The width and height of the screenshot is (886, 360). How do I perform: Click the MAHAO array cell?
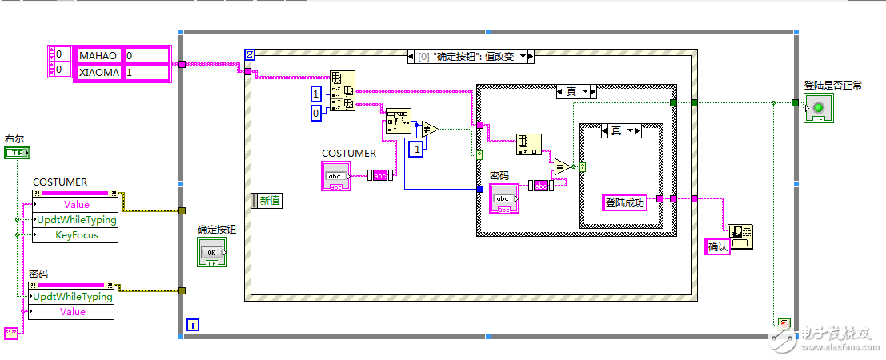coord(98,55)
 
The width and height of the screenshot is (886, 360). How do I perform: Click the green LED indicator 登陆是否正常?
coord(818,109)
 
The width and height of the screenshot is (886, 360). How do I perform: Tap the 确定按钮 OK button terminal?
coord(212,253)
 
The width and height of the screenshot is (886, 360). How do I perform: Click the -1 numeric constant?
coord(415,150)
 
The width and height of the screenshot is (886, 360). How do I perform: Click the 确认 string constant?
coord(718,247)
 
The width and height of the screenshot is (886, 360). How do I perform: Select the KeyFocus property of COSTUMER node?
coord(75,235)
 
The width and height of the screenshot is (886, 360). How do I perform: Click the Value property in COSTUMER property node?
coord(75,205)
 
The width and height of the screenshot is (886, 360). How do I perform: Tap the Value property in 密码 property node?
coord(72,311)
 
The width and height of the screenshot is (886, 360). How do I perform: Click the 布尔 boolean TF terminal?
coord(17,152)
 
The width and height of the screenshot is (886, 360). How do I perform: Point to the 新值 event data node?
coord(267,201)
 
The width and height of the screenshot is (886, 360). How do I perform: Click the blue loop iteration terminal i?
coord(193,324)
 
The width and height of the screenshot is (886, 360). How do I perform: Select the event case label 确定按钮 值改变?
coord(468,56)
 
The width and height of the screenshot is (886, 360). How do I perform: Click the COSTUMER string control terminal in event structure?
coord(335,175)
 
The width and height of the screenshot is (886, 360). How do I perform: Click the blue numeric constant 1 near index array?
coord(316,94)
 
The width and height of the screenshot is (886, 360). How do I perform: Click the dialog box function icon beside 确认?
coord(740,235)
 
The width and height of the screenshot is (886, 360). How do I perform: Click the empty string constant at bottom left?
coord(11,334)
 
